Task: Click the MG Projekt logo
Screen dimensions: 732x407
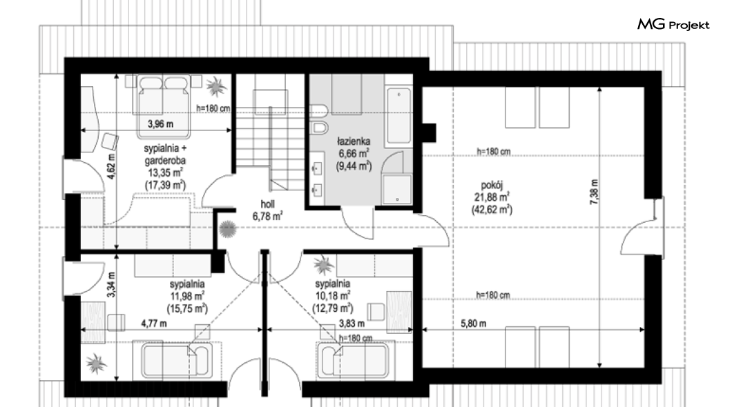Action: [673, 24]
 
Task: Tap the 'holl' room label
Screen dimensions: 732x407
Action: [267, 203]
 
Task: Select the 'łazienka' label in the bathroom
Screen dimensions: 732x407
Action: [354, 141]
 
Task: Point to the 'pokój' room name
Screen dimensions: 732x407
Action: [492, 185]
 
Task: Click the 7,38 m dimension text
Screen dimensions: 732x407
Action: [594, 192]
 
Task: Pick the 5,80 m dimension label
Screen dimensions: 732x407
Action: [473, 324]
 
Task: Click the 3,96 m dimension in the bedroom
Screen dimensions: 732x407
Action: [160, 124]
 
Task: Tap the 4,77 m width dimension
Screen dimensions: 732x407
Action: [154, 323]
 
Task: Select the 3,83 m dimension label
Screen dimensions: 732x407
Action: [351, 323]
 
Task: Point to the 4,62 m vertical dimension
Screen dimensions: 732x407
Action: [110, 166]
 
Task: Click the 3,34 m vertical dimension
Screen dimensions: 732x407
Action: [110, 284]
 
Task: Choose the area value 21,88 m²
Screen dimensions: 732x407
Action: [492, 197]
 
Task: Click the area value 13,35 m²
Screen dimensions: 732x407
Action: [165, 172]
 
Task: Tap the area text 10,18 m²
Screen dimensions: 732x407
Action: [332, 296]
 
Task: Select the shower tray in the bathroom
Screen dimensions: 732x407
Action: [397, 189]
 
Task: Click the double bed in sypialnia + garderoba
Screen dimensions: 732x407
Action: [164, 106]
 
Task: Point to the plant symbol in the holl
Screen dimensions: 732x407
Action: [227, 228]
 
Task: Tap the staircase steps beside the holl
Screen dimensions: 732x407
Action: [270, 140]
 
